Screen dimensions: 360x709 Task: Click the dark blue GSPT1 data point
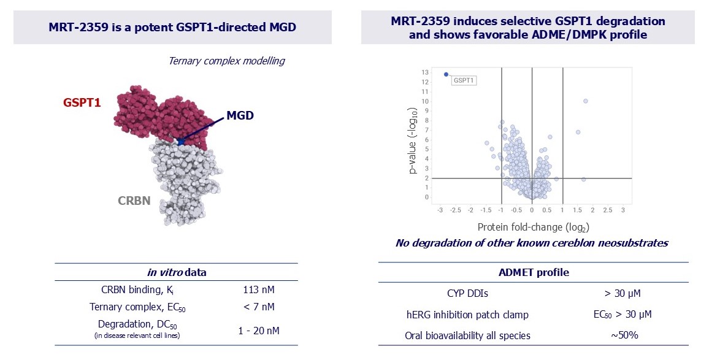coord(446,74)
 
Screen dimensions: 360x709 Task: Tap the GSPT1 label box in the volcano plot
coord(464,80)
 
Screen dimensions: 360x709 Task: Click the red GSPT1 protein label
coord(82,102)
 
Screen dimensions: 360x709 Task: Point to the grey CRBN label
coord(134,200)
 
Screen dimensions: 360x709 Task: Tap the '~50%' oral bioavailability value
coord(618,335)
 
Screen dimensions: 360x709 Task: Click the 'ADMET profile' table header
coord(533,272)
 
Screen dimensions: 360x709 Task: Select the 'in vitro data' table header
coord(176,272)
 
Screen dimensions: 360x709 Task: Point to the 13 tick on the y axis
coord(425,72)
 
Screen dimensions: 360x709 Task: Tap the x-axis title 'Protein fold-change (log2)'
coord(532,227)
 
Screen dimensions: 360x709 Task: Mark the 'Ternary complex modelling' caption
coord(226,61)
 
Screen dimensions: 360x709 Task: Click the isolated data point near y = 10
coord(585,101)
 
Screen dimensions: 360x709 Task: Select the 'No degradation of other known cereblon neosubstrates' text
coord(531,243)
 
